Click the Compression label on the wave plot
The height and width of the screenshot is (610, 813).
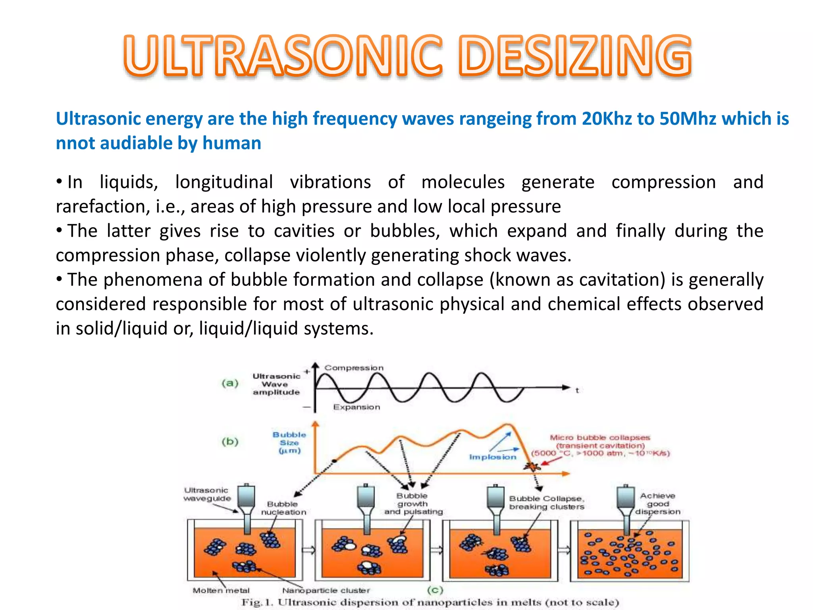(x=354, y=368)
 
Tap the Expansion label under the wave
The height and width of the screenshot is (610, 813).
(x=356, y=407)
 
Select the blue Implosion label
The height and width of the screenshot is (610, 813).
(x=493, y=457)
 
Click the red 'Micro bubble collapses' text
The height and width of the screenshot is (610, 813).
(x=600, y=438)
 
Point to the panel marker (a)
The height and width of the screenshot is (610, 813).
(x=230, y=383)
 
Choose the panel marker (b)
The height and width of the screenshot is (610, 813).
(x=230, y=442)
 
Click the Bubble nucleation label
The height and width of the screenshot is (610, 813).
(x=283, y=508)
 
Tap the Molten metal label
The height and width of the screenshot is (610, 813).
(x=221, y=591)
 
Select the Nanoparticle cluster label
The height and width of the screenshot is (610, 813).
(x=326, y=591)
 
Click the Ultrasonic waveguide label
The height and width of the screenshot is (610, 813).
(x=207, y=494)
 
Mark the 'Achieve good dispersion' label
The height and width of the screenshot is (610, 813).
(x=657, y=504)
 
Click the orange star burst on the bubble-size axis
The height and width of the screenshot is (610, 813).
(x=532, y=467)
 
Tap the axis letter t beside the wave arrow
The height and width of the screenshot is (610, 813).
(x=577, y=391)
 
